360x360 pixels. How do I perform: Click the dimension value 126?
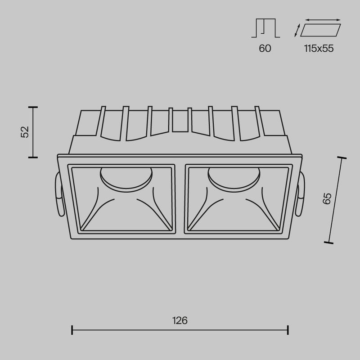coord(180,320)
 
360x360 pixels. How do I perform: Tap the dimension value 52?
coord(25,132)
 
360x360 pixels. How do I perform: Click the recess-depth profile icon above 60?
coord(265,28)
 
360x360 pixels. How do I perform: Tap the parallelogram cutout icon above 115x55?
coord(320,30)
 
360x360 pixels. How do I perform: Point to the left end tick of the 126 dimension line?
coord(72,330)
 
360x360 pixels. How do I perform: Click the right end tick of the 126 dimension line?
coord(288,330)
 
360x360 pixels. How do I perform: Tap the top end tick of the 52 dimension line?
coord(32,107)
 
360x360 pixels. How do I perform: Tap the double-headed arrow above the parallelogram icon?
coord(323,20)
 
